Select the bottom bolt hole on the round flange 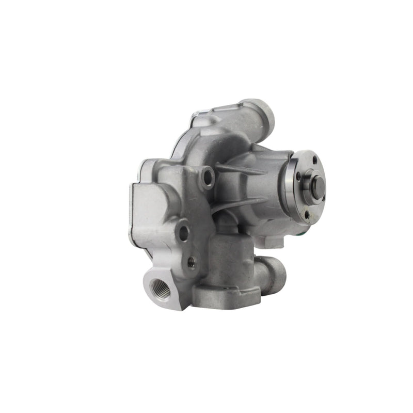307,212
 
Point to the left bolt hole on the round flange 298,176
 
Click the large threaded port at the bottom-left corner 160,289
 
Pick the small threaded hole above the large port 191,262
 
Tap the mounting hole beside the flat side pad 183,232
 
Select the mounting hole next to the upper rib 208,177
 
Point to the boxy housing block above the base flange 230,258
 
